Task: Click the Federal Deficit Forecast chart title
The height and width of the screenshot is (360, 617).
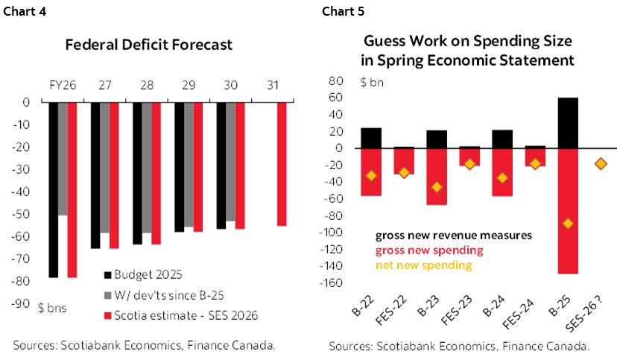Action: point(149,45)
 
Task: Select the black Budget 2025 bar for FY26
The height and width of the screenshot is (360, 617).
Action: point(53,190)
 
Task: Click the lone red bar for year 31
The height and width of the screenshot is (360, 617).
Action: point(281,164)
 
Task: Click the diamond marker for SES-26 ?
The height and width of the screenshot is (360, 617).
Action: point(601,164)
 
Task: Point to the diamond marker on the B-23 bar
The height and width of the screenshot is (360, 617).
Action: point(436,187)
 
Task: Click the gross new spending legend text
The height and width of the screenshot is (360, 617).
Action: point(428,250)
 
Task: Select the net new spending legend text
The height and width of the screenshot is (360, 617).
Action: point(423,265)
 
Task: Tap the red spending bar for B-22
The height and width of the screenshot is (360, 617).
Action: point(371,172)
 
